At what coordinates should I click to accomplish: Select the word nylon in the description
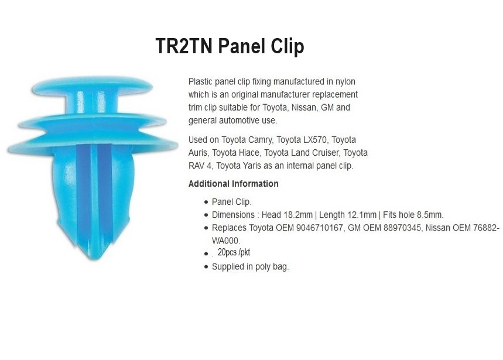tap(344, 81)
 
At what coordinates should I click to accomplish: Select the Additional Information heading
tap(233, 184)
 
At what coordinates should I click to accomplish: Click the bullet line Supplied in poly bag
tap(250, 266)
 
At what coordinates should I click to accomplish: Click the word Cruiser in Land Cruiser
tap(324, 153)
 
